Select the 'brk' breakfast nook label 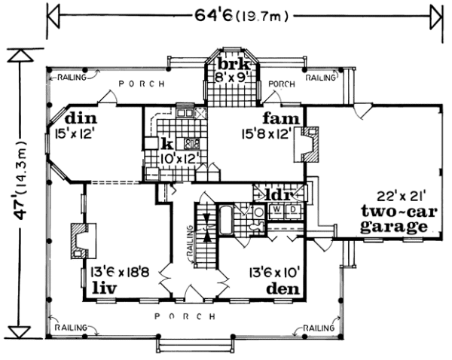pyautogui.click(x=233, y=64)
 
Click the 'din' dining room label pyautogui.click(x=81, y=118)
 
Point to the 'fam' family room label pyautogui.click(x=281, y=118)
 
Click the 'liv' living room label pyautogui.click(x=105, y=288)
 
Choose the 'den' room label pyautogui.click(x=282, y=288)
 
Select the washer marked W pyautogui.click(x=276, y=211)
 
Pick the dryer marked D pyautogui.click(x=293, y=211)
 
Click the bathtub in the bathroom pyautogui.click(x=226, y=220)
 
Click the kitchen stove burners pyautogui.click(x=191, y=144)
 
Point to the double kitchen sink pyautogui.click(x=185, y=113)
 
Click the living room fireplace pyautogui.click(x=82, y=241)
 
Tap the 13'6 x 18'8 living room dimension pyautogui.click(x=120, y=272)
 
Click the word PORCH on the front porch pyautogui.click(x=185, y=316)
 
